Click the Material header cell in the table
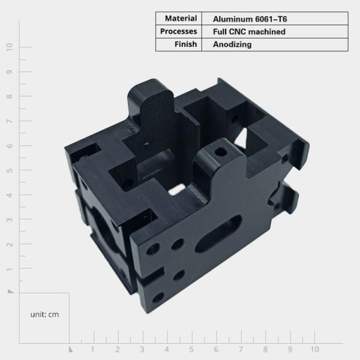pos(179,19)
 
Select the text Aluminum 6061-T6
pos(245,19)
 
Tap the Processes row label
pos(179,31)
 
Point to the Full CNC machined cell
pos(248,31)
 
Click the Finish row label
pos(185,44)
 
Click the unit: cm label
pos(44,314)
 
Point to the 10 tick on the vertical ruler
pos(9,47)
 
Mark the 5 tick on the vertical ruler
pos(9,170)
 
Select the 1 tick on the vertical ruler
pos(9,269)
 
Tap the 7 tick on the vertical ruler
pos(9,121)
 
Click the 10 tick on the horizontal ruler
pos(314,349)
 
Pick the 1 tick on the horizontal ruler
pos(92,349)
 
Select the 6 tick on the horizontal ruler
pos(216,349)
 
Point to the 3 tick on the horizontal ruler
pos(142,349)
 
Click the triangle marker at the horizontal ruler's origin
pos(70,349)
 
